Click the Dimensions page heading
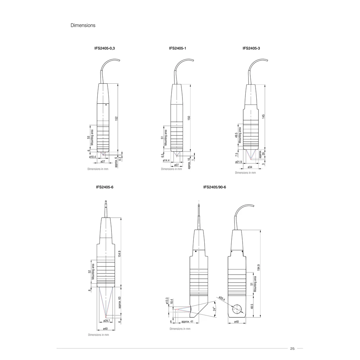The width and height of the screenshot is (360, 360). (83, 25)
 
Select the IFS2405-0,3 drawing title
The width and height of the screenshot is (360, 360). (105, 48)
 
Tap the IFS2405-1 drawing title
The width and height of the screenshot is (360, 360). (178, 48)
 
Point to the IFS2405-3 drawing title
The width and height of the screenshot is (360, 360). (251, 48)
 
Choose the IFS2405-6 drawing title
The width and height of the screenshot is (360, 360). (105, 187)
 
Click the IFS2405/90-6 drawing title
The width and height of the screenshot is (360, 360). (215, 187)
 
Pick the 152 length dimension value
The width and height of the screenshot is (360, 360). (116, 118)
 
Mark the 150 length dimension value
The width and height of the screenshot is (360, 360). (189, 118)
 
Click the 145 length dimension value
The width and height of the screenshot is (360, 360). (263, 116)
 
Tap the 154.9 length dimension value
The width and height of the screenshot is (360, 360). (120, 254)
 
